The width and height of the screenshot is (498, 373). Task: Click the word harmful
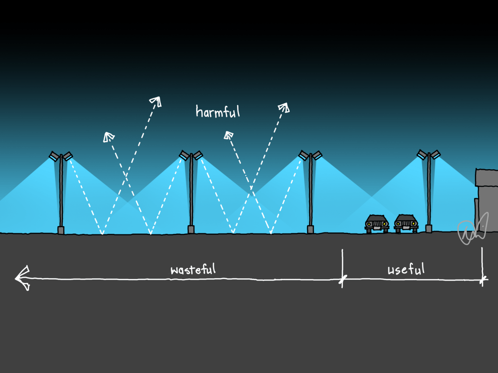pyautogui.click(x=218, y=111)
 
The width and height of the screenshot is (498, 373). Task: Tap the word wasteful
pyautogui.click(x=193, y=269)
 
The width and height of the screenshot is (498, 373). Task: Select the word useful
pyautogui.click(x=406, y=268)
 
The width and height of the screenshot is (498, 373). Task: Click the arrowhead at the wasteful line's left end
pyautogui.click(x=22, y=279)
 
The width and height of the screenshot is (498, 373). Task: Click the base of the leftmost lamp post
pyautogui.click(x=61, y=230)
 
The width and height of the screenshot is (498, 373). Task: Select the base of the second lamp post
pyautogui.click(x=191, y=230)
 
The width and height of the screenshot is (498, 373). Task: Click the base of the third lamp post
pyautogui.click(x=310, y=230)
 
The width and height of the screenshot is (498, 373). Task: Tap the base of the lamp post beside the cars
pyautogui.click(x=429, y=229)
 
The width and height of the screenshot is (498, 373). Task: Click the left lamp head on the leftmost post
pyautogui.click(x=54, y=156)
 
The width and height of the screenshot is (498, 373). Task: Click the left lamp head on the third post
pyautogui.click(x=304, y=156)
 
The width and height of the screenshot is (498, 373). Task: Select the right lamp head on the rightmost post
pyautogui.click(x=435, y=155)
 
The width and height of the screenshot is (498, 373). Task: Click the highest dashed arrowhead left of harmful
pyautogui.click(x=156, y=101)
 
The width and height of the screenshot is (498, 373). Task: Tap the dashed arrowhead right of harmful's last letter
pyautogui.click(x=284, y=107)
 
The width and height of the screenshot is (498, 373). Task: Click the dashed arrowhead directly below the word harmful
pyautogui.click(x=227, y=135)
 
